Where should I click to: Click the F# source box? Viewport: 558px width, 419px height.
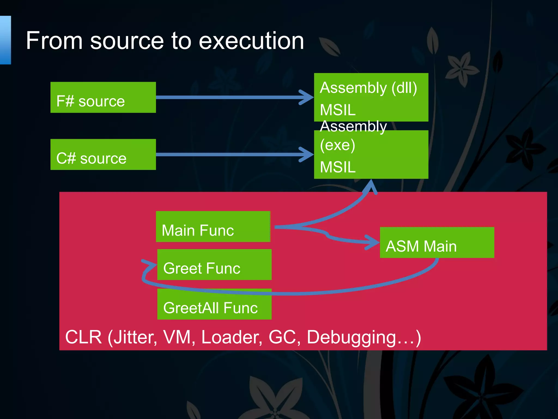click(103, 97)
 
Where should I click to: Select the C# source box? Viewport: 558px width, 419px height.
click(103, 154)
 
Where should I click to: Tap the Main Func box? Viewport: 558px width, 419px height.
click(213, 226)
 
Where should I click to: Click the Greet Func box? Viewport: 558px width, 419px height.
click(214, 264)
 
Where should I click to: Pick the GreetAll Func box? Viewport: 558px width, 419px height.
click(214, 304)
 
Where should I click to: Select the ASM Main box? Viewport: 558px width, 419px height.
click(437, 243)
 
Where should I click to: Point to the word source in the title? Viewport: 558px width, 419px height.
click(127, 41)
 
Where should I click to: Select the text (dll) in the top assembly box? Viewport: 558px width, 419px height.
click(404, 88)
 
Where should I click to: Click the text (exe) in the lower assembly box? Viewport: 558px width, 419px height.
click(337, 145)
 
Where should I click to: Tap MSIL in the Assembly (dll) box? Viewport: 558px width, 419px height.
click(338, 110)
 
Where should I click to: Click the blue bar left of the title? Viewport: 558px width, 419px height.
click(5, 40)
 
